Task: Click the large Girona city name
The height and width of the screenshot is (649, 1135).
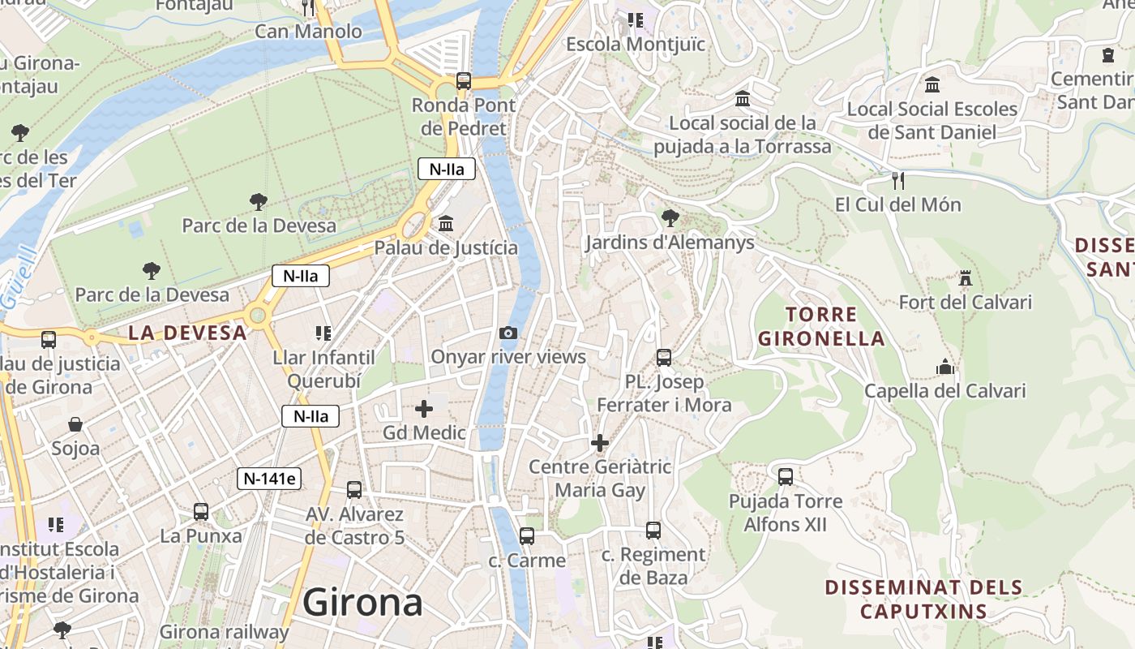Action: (x=362, y=603)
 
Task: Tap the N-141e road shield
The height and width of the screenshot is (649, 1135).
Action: (x=269, y=479)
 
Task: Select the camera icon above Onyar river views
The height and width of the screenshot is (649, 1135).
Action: (x=508, y=333)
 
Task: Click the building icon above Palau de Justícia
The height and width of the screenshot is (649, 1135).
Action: (x=446, y=223)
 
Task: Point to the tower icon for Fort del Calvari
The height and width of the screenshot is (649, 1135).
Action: (x=965, y=278)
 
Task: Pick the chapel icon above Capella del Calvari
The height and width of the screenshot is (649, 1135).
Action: (x=944, y=367)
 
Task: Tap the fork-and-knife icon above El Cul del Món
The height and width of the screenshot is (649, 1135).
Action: (x=897, y=180)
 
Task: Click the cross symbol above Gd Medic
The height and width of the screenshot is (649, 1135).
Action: (x=424, y=409)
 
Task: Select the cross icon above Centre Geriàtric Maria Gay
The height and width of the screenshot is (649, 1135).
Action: (x=600, y=443)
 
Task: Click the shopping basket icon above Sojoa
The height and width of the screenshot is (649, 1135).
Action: (x=75, y=424)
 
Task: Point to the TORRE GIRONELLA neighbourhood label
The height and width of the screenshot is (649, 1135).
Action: (x=821, y=326)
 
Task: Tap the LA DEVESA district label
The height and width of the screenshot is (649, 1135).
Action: (x=187, y=333)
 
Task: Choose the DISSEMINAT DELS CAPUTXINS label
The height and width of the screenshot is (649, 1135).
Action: (x=923, y=599)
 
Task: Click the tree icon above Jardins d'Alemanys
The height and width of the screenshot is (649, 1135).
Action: (x=670, y=217)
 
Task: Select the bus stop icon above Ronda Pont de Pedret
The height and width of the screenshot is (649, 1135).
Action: (x=463, y=80)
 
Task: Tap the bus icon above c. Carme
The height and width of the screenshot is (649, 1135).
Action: (x=527, y=535)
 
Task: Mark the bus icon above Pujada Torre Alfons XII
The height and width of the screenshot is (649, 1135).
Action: (x=786, y=476)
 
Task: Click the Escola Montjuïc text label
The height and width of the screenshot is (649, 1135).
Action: (x=636, y=44)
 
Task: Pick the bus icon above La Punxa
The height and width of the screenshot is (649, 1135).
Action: (x=201, y=512)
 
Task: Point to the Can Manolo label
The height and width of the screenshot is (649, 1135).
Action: (x=308, y=32)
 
